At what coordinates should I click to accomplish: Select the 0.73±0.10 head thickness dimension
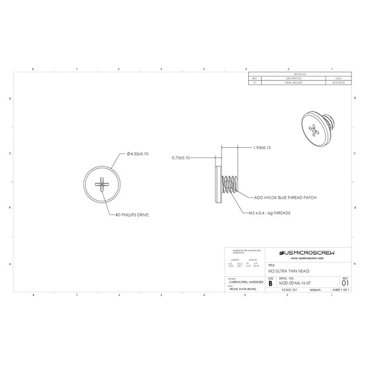point(181,158)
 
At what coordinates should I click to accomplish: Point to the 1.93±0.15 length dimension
point(262,148)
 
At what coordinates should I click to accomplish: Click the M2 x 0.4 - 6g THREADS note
point(269,214)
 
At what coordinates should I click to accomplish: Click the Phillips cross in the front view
point(101,183)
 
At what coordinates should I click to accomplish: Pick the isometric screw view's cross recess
point(314,128)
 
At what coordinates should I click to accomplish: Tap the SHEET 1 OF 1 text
point(341,291)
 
